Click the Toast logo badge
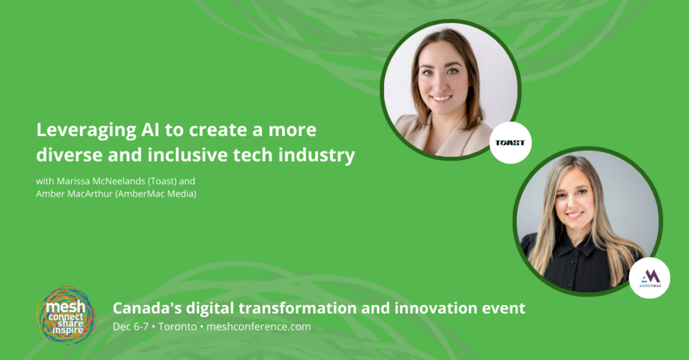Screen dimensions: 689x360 pos(510,143)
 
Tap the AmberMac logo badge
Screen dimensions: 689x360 pos(649,278)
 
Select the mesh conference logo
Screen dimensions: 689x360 pos(66,315)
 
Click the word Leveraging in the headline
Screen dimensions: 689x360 pos(86,131)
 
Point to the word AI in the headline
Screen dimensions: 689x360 pos(151,130)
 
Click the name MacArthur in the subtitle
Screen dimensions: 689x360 pos(91,193)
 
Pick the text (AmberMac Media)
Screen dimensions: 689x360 pos(155,194)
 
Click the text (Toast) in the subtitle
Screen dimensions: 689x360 pos(161,181)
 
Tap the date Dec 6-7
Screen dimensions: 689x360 pos(131,326)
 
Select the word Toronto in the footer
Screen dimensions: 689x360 pos(178,326)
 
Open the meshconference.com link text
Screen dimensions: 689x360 pos(258,326)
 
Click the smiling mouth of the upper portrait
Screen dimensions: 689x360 pos(441,98)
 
